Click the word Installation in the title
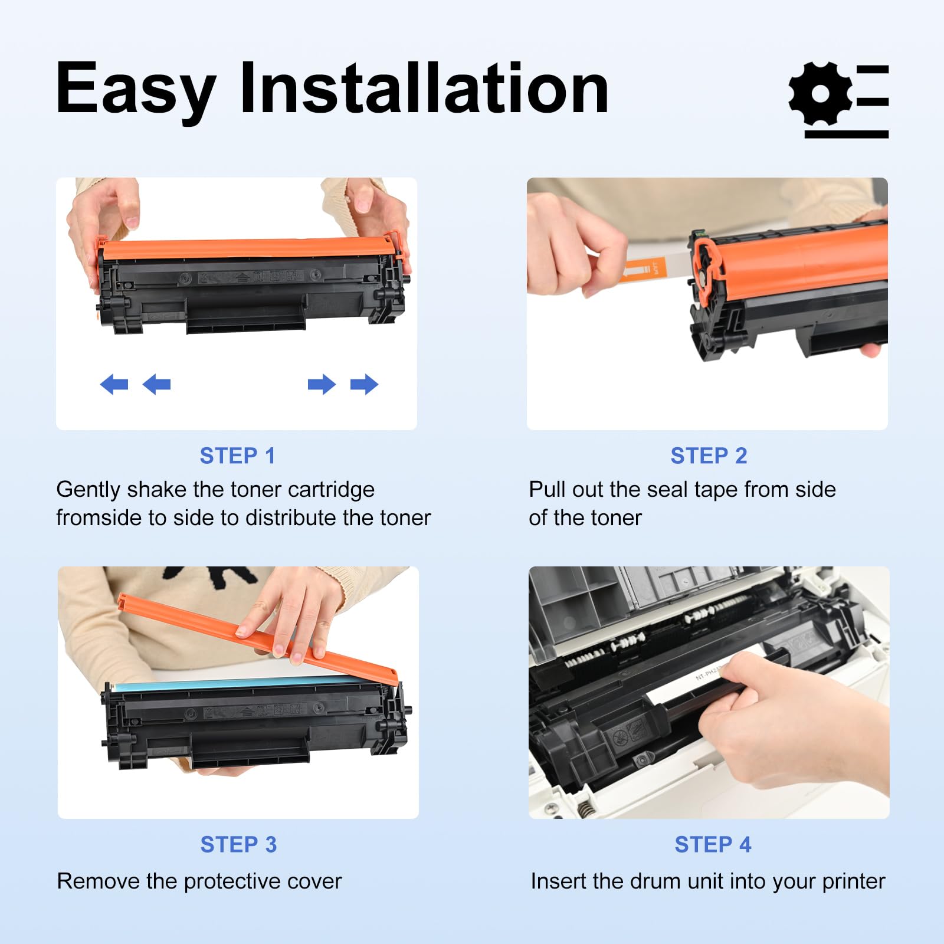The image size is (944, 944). click(424, 88)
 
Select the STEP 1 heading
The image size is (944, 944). click(237, 455)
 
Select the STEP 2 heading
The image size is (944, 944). click(708, 455)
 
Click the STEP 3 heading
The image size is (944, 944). click(238, 844)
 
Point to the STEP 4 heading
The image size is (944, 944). click(712, 844)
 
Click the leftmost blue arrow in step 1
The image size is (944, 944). click(114, 385)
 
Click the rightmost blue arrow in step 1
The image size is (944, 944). click(364, 385)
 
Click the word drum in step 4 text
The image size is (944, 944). click(654, 881)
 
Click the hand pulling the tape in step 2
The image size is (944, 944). click(566, 248)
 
